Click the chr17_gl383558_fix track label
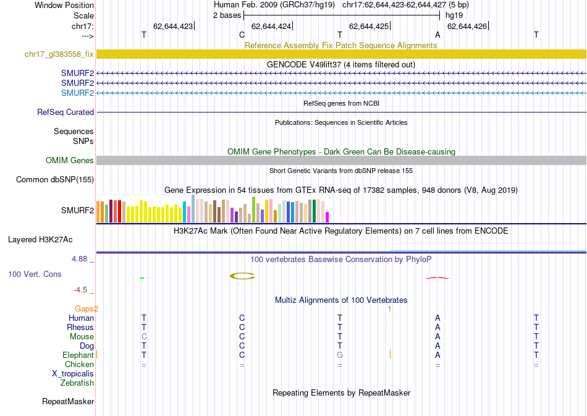coord(59,54)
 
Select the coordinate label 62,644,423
coord(173,26)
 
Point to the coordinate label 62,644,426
coord(467,26)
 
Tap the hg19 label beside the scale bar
coord(454,15)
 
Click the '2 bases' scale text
coord(226,15)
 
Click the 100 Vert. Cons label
coord(35,274)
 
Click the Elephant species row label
coord(78,355)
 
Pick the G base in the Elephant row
coord(339,355)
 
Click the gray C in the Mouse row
coord(144,337)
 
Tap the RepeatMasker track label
coord(68,402)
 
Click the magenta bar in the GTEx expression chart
coord(327,217)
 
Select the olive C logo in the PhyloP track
coord(242,276)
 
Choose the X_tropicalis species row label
coord(73,374)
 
